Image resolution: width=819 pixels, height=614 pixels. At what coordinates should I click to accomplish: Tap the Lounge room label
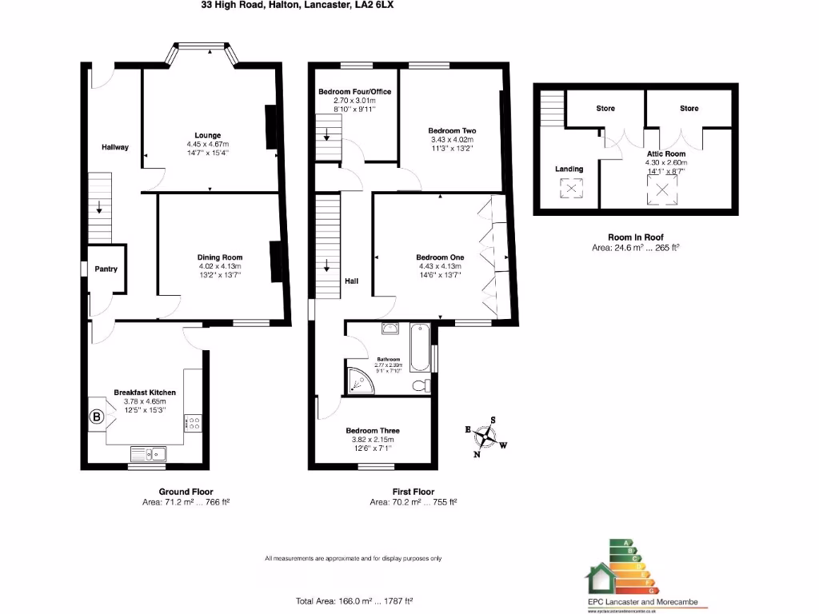[207, 135]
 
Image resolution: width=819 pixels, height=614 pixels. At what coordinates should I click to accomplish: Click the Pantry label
[106, 269]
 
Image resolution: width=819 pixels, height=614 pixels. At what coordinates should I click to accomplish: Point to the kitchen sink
[150, 455]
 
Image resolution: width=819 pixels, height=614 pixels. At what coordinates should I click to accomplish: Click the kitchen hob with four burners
[193, 423]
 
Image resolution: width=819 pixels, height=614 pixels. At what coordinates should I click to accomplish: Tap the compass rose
[485, 437]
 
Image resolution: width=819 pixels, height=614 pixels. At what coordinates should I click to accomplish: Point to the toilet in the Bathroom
[419, 386]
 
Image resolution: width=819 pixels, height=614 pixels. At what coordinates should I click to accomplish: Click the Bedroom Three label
[373, 431]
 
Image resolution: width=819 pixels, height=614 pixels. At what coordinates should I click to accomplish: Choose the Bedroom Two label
[452, 130]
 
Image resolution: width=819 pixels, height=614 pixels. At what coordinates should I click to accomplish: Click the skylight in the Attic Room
[661, 189]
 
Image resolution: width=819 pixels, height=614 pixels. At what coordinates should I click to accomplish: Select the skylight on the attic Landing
[569, 189]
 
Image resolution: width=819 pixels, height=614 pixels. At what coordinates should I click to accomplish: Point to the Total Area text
[354, 600]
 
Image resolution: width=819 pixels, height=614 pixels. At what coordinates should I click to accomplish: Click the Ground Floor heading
[186, 492]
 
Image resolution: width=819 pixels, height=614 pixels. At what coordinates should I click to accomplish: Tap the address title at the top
[298, 5]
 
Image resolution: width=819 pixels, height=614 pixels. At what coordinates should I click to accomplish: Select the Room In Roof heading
[635, 237]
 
